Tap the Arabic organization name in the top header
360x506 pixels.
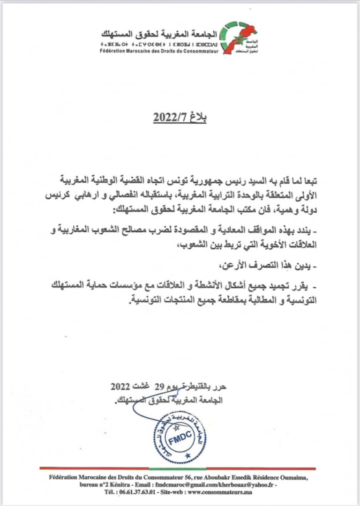coord(159,34)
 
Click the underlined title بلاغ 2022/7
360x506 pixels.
coord(180,118)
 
